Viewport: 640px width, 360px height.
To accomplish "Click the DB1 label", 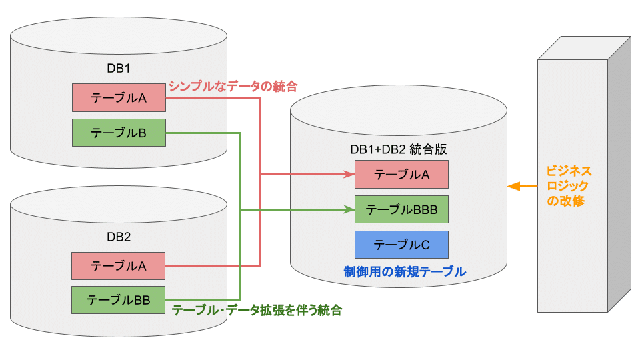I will pos(119,68).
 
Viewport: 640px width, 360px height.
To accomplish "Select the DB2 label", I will pos(119,237).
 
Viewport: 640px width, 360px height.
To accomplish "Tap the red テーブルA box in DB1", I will pos(119,97).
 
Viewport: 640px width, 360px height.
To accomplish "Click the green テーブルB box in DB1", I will pos(119,133).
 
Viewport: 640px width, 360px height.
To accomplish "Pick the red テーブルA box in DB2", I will pos(119,265).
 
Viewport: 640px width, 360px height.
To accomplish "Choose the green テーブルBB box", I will pos(119,300).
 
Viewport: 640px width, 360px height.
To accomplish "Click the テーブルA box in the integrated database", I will pos(401,175).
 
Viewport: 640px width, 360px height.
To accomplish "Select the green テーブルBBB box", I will pos(401,209).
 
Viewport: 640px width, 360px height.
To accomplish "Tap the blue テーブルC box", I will pos(401,245).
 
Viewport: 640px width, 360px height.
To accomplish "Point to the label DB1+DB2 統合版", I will pos(398,149).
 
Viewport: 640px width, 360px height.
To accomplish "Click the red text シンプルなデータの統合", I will pos(233,86).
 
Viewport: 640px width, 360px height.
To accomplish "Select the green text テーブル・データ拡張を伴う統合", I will pos(257,310).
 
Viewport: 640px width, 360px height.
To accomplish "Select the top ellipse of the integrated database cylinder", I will pos(398,111).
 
